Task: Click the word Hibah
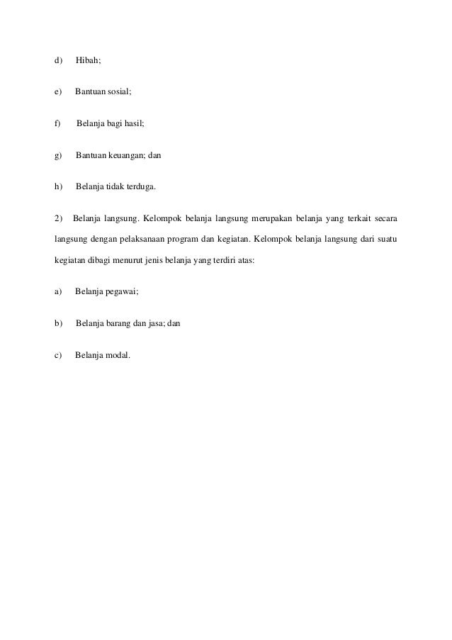click(88, 61)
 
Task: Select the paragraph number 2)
click(58, 217)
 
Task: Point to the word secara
click(387, 217)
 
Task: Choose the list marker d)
click(58, 61)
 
